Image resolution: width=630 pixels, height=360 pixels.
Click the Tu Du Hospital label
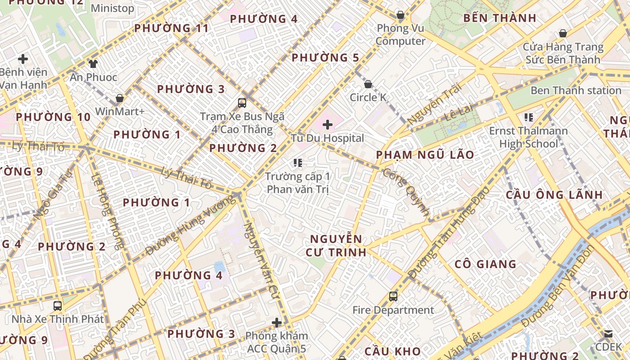(x=327, y=138)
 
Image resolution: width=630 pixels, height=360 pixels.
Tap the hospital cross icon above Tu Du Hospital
(x=328, y=124)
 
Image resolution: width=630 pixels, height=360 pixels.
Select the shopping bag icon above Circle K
(x=368, y=84)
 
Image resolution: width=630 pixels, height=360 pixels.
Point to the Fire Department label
(x=393, y=310)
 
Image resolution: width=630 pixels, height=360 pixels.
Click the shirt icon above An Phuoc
(x=93, y=64)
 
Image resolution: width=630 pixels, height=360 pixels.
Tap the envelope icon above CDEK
(x=608, y=334)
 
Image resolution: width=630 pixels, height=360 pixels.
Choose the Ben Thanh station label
(x=576, y=90)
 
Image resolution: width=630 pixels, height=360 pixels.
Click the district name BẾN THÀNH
(x=499, y=18)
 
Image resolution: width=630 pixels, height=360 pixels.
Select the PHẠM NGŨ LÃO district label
(x=425, y=155)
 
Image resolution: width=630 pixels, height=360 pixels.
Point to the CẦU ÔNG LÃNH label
(x=554, y=195)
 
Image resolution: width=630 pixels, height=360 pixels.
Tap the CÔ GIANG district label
(x=485, y=264)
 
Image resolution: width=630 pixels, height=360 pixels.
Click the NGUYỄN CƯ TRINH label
(x=336, y=245)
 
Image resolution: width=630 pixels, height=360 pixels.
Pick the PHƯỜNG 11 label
(x=171, y=28)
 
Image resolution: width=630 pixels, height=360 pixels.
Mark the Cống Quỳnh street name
(x=405, y=191)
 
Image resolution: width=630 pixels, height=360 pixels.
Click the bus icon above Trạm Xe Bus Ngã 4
(x=242, y=103)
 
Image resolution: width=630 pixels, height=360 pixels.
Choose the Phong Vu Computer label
(x=400, y=35)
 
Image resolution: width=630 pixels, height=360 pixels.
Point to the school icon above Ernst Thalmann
(x=529, y=118)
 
